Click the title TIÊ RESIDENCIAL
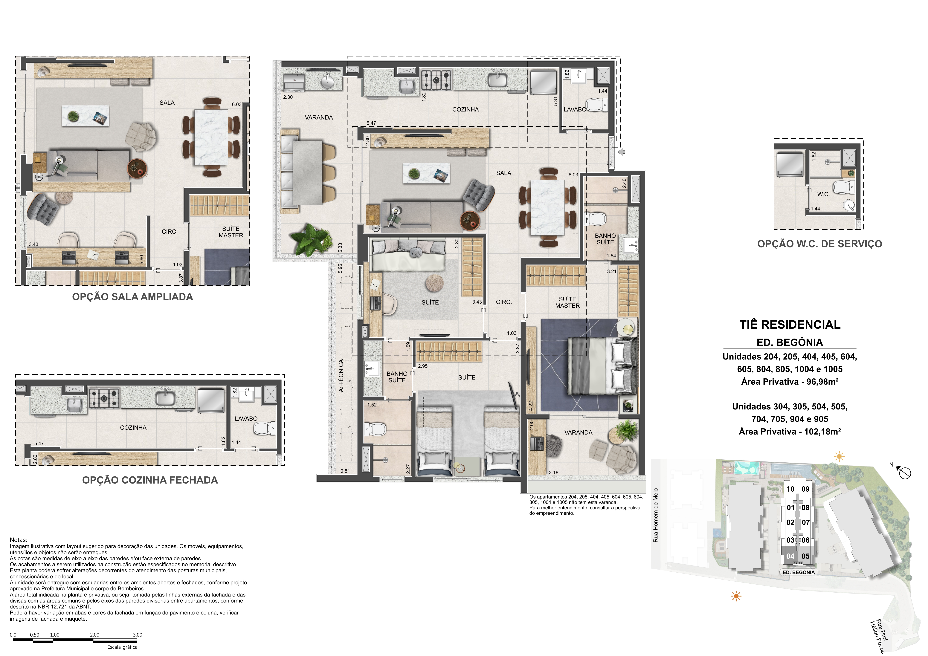point(790,325)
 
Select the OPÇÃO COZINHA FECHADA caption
point(150,480)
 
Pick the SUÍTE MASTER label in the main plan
point(567,302)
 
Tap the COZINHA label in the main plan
point(466,110)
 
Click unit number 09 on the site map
point(805,489)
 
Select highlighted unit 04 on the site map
point(790,556)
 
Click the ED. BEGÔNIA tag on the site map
point(799,572)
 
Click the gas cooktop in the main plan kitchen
point(436,80)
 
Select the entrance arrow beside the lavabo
point(622,152)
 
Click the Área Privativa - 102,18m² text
point(790,432)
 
